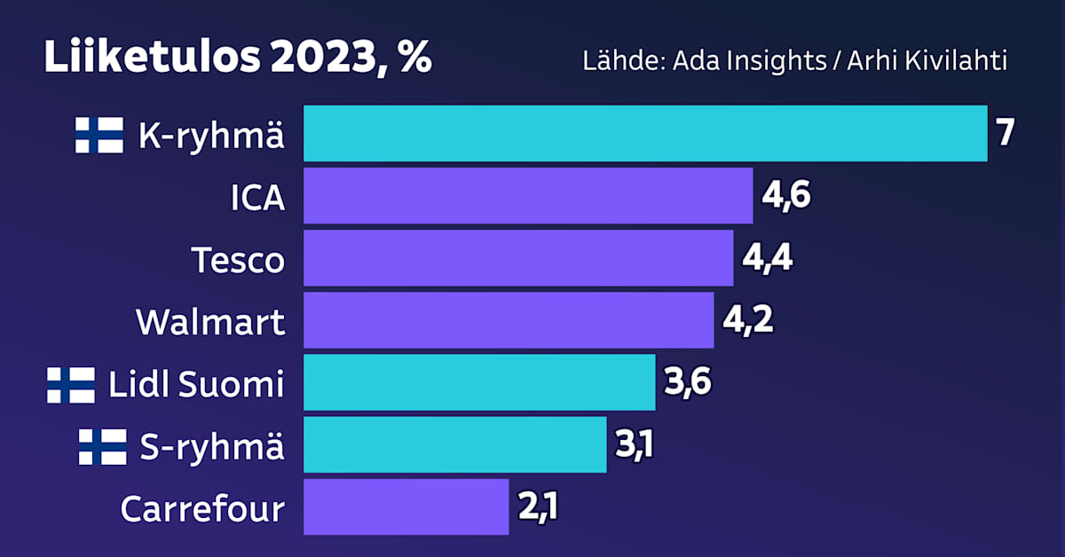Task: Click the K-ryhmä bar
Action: click(645, 134)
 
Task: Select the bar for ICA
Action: click(528, 196)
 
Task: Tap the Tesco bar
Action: click(518, 258)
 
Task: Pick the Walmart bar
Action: click(509, 320)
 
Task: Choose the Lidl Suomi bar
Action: click(479, 382)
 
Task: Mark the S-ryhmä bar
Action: click(455, 444)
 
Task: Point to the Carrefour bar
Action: click(406, 507)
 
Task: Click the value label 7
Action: click(1005, 134)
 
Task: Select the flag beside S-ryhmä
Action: click(102, 446)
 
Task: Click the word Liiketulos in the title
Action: click(151, 59)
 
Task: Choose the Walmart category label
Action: click(210, 322)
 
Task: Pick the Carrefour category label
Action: click(202, 509)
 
